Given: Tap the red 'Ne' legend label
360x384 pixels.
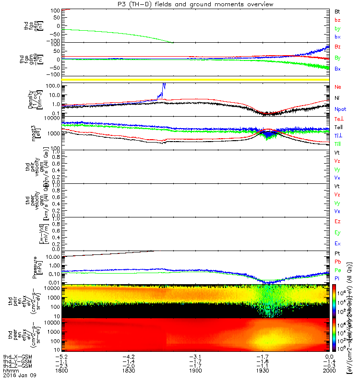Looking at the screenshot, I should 337,87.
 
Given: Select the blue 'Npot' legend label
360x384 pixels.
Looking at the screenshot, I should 340,109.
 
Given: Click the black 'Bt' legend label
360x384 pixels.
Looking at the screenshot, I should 337,11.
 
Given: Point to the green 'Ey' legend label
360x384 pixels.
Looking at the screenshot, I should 337,232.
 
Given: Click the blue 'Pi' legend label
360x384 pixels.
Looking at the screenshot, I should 337,278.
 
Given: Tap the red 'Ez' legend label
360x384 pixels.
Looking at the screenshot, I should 337,221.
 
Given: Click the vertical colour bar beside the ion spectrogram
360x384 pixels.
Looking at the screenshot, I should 334,300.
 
